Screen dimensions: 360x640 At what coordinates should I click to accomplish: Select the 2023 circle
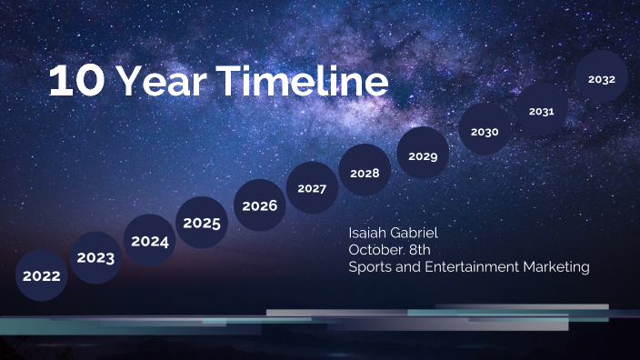95,258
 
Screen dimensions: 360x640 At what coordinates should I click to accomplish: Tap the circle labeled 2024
149,241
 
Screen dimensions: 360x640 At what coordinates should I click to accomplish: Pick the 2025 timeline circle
202,223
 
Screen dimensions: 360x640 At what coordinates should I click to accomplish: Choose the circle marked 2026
259,205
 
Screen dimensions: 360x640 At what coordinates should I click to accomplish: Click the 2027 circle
312,188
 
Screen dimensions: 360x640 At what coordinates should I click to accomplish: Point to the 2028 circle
365,172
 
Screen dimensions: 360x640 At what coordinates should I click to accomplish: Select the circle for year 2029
423,156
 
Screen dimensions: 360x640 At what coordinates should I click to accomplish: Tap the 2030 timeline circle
485,132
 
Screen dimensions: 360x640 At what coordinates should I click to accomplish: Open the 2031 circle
542,111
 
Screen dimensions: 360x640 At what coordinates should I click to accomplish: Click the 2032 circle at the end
602,79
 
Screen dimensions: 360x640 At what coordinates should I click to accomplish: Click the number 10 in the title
76,82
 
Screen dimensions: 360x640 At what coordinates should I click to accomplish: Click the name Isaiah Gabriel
393,233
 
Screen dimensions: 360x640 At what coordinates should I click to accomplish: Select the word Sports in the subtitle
369,267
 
